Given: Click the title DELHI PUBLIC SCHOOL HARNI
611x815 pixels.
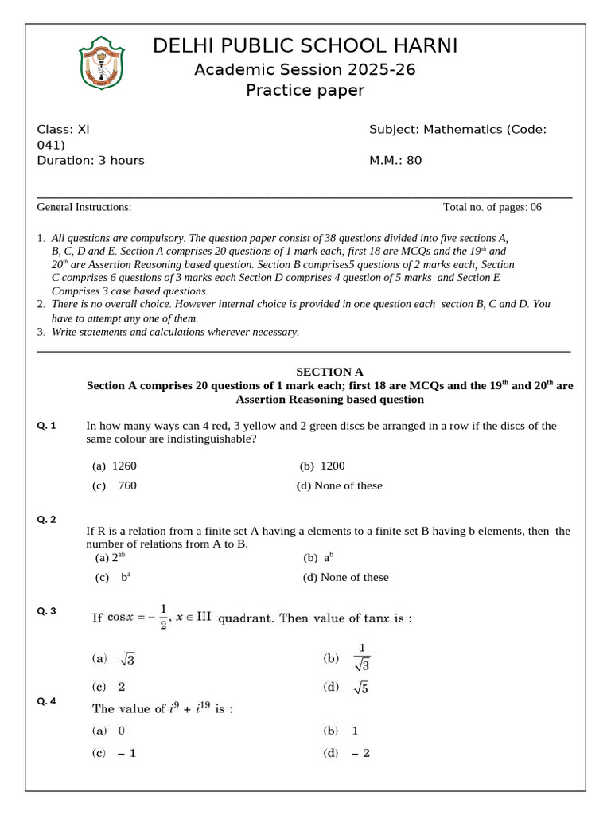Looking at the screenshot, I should [305, 46].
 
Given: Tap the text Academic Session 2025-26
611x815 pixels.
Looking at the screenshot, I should [305, 70].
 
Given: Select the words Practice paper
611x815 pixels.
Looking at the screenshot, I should [305, 90].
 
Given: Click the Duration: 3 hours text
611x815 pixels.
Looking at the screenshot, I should [91, 160].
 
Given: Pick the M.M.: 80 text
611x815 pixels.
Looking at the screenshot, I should [395, 160].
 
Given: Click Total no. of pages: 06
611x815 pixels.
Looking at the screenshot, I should [492, 207].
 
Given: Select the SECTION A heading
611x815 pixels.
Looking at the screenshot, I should [329, 372].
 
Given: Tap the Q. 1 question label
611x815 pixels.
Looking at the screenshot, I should [47, 426].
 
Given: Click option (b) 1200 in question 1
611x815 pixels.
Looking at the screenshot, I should [322, 466].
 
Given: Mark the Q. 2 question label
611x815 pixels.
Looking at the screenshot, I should [47, 520].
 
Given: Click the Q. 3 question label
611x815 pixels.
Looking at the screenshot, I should [47, 611].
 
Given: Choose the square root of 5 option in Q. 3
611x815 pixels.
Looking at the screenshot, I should [347, 688].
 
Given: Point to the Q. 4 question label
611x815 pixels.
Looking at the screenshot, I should [47, 701].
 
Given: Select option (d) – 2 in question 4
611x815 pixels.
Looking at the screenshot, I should [347, 753].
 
